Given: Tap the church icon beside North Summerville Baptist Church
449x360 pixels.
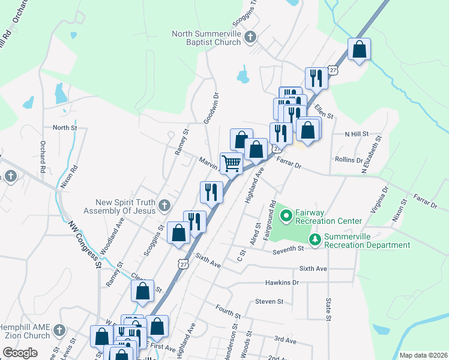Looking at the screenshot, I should point(251,38).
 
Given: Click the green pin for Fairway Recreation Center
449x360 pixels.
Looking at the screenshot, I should point(286,215).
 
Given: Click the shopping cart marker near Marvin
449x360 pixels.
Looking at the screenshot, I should point(231,163).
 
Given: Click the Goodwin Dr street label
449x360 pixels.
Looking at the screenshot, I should point(211,108).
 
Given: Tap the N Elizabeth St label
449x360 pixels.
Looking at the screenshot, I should point(371,155).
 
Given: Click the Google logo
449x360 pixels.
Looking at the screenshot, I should point(20,353).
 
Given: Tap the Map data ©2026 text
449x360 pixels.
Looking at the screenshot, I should point(423,355).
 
